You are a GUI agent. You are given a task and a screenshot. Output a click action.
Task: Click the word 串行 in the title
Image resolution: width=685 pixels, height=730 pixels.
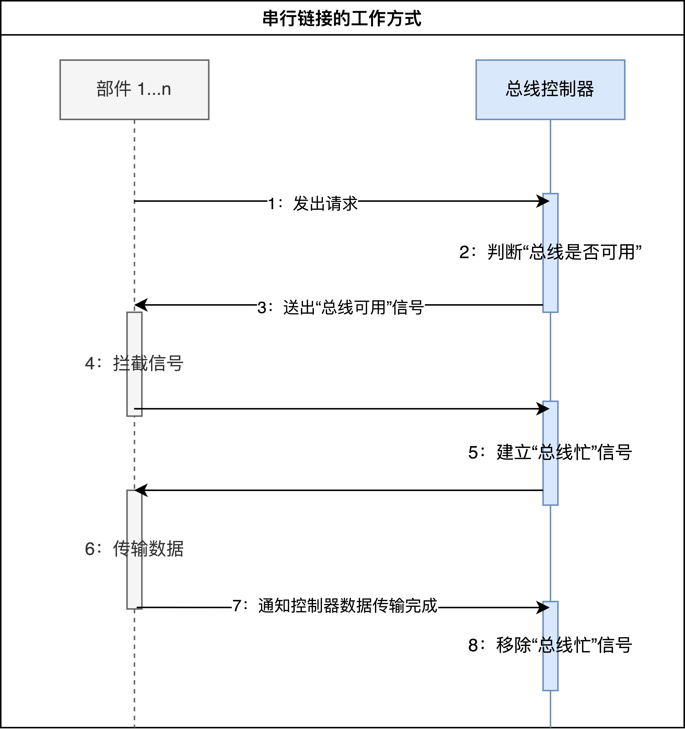tap(279, 18)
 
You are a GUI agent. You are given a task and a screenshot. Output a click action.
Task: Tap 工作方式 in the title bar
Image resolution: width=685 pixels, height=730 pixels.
tap(386, 18)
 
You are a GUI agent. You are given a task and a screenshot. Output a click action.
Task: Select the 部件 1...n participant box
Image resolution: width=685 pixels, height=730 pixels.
tap(134, 90)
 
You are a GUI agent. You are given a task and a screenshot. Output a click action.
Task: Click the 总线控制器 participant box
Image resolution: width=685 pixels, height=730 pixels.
tap(550, 90)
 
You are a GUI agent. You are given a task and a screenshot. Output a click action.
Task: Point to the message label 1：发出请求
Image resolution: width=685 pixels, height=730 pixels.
tap(313, 204)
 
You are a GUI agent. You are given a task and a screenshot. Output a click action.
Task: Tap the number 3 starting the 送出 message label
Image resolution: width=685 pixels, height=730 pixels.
tap(262, 308)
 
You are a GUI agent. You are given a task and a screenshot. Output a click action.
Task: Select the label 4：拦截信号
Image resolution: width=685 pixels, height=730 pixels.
tap(134, 363)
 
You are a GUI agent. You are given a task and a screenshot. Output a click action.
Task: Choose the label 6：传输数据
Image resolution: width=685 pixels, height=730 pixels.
tap(134, 549)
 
